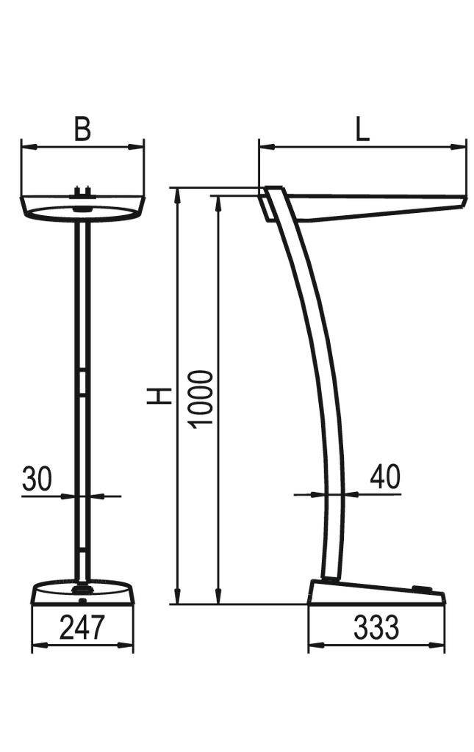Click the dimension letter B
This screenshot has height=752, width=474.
pos(82,129)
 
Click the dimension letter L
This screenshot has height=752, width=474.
pos(362,129)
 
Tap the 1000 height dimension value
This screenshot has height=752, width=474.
pos(200,399)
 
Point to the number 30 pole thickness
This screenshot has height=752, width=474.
pos(37,479)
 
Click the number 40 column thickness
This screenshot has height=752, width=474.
pos(384,477)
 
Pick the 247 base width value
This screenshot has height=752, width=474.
pos(82,629)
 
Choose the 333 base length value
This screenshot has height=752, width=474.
pos(376,629)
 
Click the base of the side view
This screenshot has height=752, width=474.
pos(375,593)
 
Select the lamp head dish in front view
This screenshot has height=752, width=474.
pos(82,209)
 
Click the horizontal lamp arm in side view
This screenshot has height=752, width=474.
pos(375,204)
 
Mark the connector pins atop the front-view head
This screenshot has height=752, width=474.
pos(82,193)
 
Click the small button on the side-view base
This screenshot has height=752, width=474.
pos(422,588)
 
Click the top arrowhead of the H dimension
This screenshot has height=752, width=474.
pos(177,192)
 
